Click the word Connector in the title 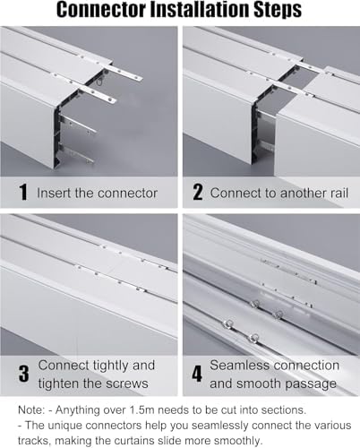(93, 12)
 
